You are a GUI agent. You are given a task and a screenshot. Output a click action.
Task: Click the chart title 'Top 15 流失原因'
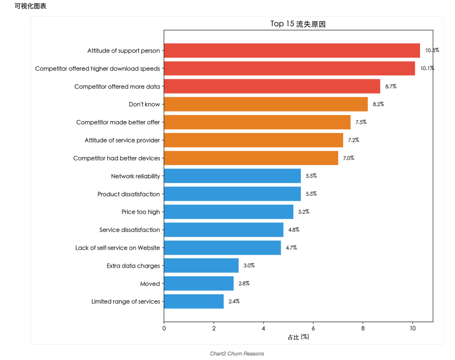tap(298, 24)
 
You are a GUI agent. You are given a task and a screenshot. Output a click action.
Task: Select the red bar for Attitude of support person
tap(292, 51)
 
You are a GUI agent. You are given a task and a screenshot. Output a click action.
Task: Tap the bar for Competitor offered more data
tap(272, 86)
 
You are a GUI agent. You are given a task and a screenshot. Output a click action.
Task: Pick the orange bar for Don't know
tap(265, 104)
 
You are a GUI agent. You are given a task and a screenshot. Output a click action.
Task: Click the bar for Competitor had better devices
tap(251, 158)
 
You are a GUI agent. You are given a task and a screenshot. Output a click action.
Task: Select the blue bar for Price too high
tap(228, 212)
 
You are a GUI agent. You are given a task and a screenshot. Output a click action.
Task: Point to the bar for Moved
tap(198, 284)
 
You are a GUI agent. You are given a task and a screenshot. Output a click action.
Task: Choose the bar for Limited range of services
tap(193, 301)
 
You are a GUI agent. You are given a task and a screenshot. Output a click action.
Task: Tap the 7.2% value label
tap(353, 140)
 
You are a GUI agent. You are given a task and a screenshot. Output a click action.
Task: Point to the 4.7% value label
tap(291, 248)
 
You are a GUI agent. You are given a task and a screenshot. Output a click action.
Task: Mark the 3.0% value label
tap(249, 266)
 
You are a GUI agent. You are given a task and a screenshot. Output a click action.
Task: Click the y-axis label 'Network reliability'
tap(135, 176)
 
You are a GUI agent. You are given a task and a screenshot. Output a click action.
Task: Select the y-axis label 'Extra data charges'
tap(133, 266)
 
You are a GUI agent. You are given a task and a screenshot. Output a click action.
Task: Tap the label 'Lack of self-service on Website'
tap(118, 248)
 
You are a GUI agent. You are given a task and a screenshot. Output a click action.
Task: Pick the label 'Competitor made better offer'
tap(118, 123)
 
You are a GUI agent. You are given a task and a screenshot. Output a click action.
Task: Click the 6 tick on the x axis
tap(313, 329)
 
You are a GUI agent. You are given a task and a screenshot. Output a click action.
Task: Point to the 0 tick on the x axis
tap(164, 329)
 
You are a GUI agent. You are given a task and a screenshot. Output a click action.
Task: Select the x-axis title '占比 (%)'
tap(298, 337)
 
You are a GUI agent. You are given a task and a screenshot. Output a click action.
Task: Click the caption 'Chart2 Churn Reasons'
tap(237, 354)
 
